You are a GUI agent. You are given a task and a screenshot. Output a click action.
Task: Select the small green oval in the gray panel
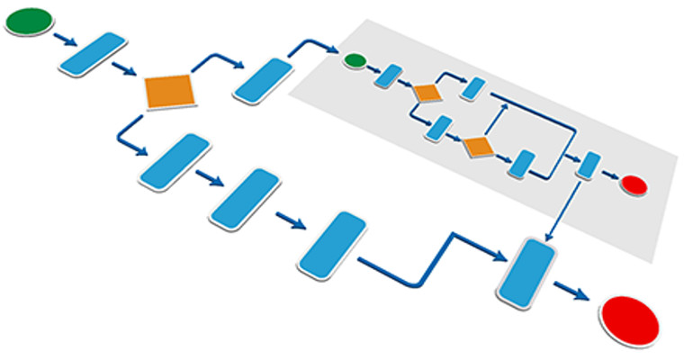(x=355, y=61)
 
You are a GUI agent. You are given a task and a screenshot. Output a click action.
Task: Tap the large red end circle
(x=629, y=320)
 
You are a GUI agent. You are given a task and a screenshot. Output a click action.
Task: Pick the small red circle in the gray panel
(x=634, y=185)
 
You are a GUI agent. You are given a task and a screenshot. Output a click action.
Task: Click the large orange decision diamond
(x=170, y=91)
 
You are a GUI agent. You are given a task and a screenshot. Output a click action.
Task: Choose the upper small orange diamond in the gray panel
(x=426, y=92)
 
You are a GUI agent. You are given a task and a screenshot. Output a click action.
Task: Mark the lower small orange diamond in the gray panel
(x=477, y=146)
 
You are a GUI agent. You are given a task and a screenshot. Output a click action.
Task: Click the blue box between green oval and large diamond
(x=93, y=54)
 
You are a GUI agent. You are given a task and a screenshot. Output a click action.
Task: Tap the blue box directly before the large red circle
(x=524, y=271)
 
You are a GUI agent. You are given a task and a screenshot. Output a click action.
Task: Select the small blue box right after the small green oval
(x=389, y=76)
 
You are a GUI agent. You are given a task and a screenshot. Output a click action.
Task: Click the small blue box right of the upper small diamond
(x=473, y=87)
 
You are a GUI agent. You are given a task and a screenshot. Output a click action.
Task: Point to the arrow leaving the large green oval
(x=65, y=40)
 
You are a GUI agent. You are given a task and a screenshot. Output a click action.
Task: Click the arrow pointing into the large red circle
(x=573, y=293)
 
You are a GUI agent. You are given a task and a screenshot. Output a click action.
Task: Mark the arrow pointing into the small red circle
(x=610, y=176)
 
